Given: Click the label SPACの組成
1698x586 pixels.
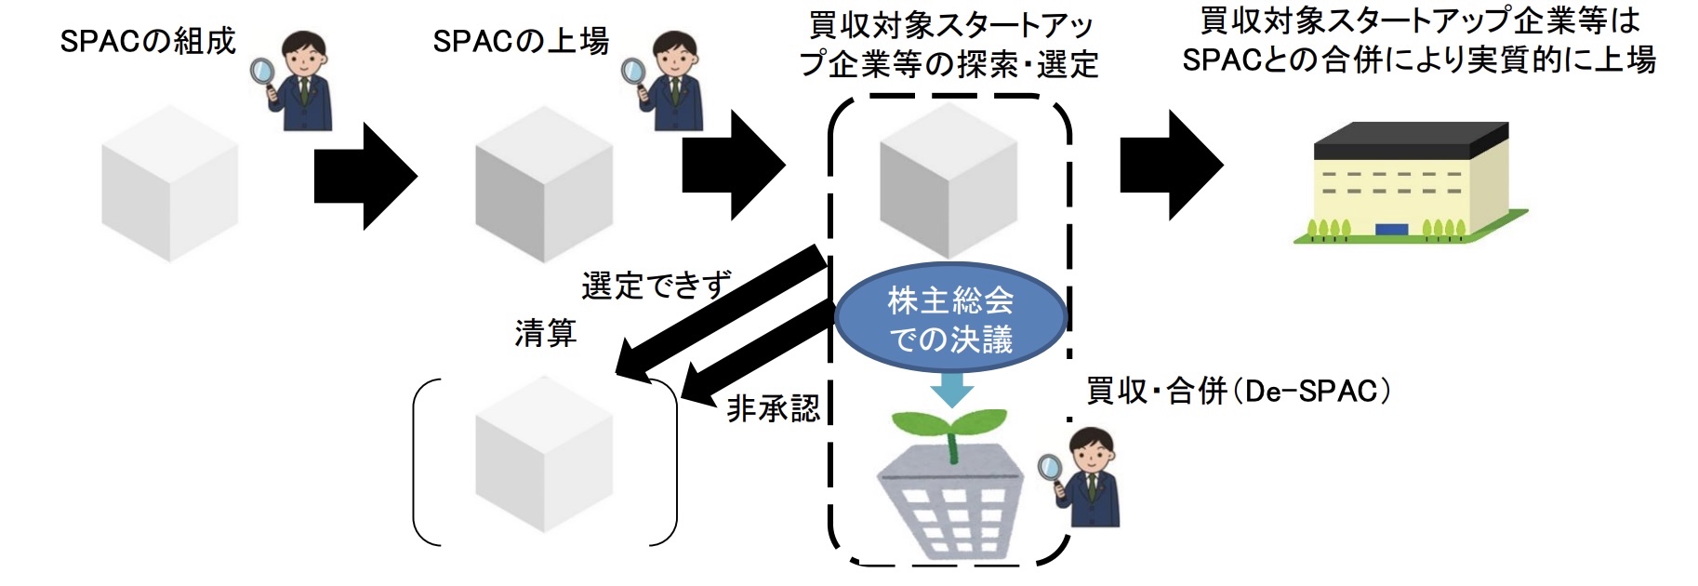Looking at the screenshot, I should click(148, 42).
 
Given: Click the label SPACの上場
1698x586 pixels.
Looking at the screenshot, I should click(521, 42).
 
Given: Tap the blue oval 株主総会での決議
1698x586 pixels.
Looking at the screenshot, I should click(950, 319).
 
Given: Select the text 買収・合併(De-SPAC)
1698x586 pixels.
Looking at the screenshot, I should click(1239, 392).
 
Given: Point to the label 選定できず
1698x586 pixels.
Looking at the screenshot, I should click(657, 285).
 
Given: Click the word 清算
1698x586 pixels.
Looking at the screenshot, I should click(546, 333).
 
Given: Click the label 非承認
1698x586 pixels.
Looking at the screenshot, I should click(773, 408).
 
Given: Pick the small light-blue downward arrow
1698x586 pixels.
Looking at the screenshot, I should click(951, 391).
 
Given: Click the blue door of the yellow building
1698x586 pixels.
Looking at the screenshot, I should click(1391, 230).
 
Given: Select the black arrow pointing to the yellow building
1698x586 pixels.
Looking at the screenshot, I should click(1170, 166).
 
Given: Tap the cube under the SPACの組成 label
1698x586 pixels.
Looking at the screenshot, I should click(169, 182).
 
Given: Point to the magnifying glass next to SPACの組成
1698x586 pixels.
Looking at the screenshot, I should click(263, 71).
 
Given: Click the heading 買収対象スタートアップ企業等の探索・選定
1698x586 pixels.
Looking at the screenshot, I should click(948, 45).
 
